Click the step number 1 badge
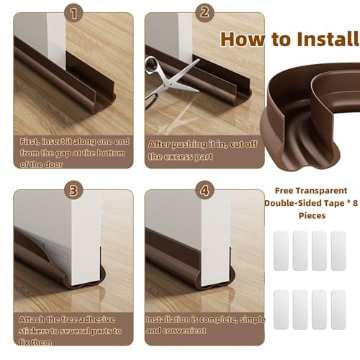[74, 13]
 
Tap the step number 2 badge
[204, 12]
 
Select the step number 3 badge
[74, 190]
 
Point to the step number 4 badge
[204, 190]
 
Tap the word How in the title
[243, 39]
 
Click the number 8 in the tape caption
[355, 203]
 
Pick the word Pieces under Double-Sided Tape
[312, 215]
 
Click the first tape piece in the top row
[281, 251]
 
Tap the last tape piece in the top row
[338, 251]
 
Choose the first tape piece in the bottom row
[281, 310]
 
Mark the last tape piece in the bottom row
[338, 310]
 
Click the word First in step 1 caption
[30, 142]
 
